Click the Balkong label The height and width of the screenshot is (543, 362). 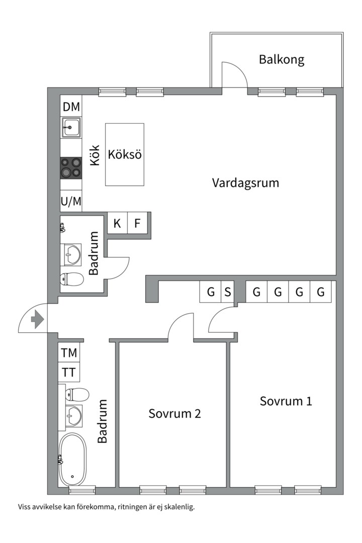coord(282,59)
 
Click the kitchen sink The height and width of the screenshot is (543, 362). coord(71,128)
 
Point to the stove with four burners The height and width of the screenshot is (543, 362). coord(71,167)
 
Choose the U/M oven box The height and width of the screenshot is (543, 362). coord(71,202)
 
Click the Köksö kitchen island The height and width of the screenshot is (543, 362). coord(125,154)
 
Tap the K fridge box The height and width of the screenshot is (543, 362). coord(117,223)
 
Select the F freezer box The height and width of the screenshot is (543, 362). coord(137,223)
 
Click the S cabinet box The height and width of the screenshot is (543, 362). coord(227,292)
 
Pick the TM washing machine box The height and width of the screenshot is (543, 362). coord(69,353)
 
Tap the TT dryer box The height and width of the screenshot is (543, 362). coord(69,373)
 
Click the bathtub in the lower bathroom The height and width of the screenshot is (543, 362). coord(72,460)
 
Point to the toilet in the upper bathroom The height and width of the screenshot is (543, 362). coord(72,279)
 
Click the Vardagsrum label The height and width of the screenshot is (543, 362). coord(245,182)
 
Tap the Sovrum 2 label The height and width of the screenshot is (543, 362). coord(174,413)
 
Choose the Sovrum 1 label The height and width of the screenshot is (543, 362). coord(286,401)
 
